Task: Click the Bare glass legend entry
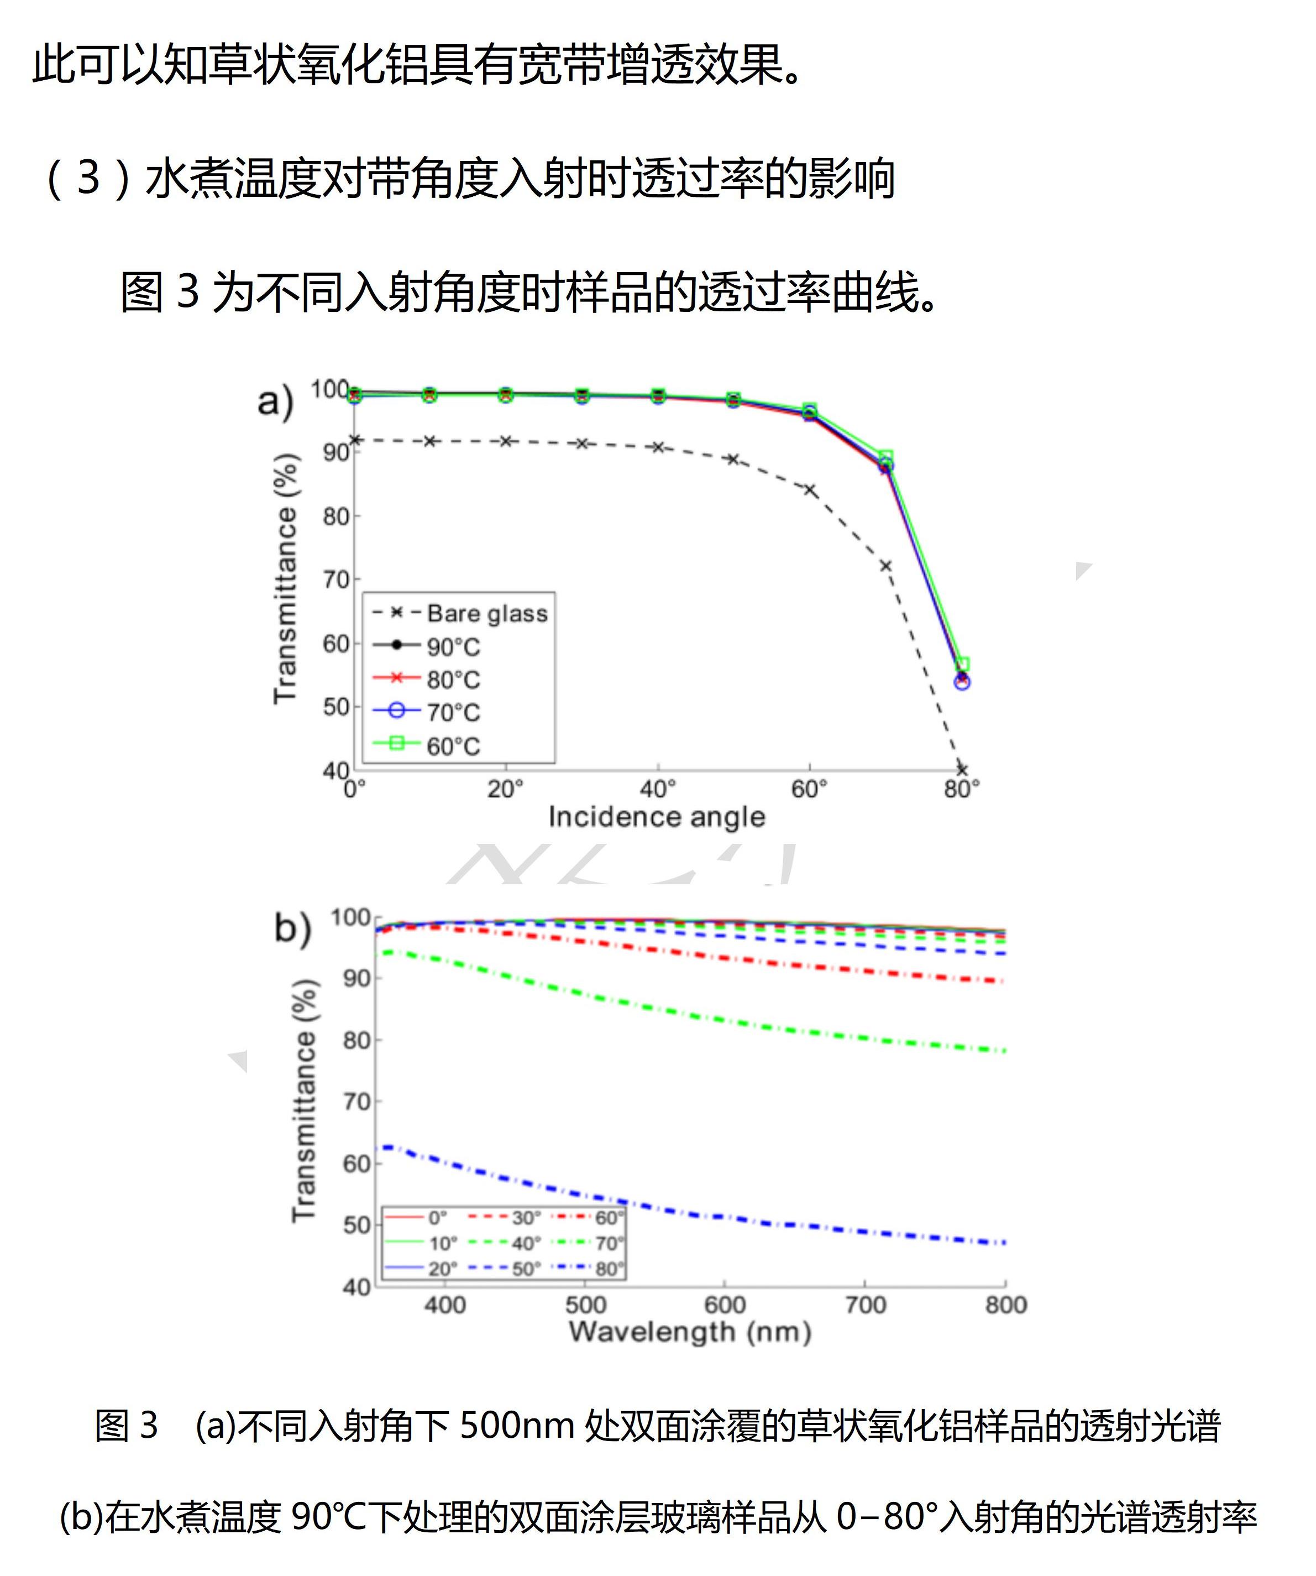[x=486, y=613]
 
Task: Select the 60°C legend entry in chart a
[x=453, y=746]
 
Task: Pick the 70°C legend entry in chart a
[x=453, y=712]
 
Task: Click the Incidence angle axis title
[x=657, y=817]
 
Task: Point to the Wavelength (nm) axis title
[x=690, y=1332]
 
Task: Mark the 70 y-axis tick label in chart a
[x=336, y=580]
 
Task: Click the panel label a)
[x=275, y=401]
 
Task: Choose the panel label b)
[x=292, y=928]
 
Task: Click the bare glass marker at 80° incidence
[x=962, y=769]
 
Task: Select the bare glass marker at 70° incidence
[x=885, y=566]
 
